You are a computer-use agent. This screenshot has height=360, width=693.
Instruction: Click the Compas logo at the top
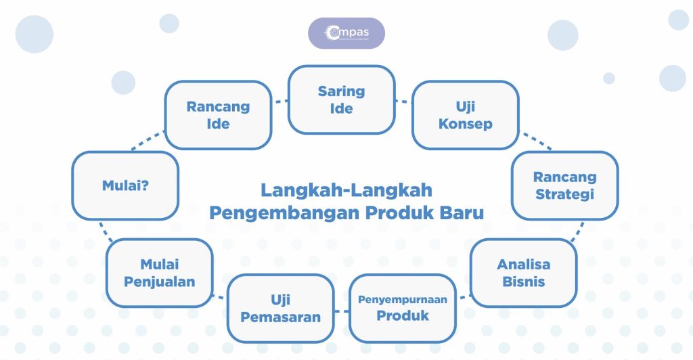(x=346, y=32)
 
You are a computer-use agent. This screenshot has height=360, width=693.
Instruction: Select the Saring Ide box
(x=341, y=99)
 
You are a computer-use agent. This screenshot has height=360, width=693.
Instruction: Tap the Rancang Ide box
(x=218, y=115)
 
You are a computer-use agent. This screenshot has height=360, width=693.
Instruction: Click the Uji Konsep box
(x=465, y=115)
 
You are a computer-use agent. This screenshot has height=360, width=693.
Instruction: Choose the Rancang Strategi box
(x=564, y=185)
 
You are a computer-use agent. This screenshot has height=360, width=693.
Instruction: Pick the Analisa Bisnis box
(x=523, y=273)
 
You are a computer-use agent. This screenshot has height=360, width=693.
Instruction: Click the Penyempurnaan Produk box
(x=403, y=308)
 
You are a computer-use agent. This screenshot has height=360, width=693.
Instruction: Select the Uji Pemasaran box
(x=280, y=308)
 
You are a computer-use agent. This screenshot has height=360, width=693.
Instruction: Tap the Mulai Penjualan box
(x=160, y=273)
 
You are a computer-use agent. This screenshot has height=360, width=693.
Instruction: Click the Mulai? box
(x=125, y=185)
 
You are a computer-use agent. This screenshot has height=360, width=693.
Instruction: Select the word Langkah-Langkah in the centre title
(x=346, y=190)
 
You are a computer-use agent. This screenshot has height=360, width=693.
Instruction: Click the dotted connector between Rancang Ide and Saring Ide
(x=280, y=102)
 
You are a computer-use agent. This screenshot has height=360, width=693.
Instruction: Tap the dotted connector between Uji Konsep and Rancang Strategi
(x=535, y=141)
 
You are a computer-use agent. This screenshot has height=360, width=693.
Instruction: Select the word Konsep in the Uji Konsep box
(x=465, y=125)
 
